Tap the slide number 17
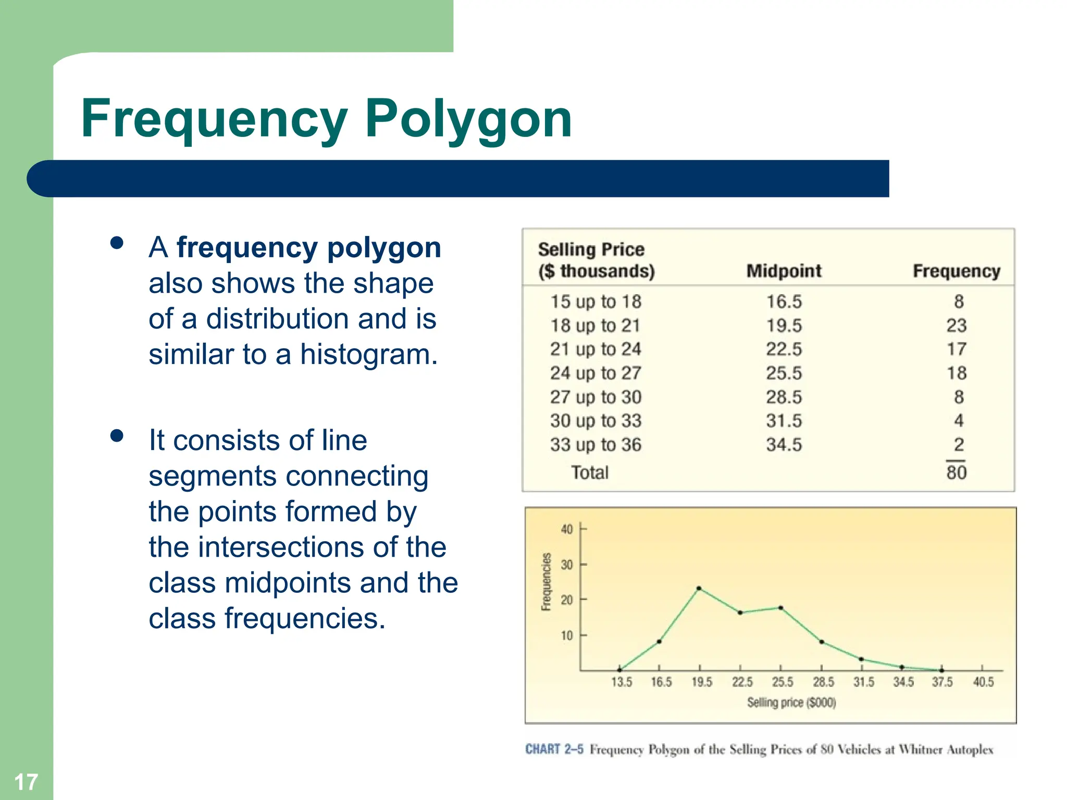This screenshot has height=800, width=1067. (x=26, y=782)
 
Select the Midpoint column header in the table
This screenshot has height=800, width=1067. (x=784, y=271)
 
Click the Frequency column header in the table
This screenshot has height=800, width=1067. (x=956, y=271)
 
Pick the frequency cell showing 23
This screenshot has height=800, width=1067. (x=957, y=326)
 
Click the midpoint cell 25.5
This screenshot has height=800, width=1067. (x=784, y=373)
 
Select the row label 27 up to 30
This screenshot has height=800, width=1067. (x=595, y=397)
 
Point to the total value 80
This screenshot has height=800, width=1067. (x=957, y=472)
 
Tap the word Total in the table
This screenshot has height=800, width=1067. (x=590, y=472)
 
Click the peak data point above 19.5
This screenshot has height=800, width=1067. (x=699, y=589)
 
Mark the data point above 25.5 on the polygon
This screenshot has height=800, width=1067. (x=780, y=608)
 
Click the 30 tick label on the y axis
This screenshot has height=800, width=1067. (x=567, y=565)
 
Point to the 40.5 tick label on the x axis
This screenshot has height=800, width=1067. (x=983, y=682)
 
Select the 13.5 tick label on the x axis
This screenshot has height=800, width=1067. (x=621, y=682)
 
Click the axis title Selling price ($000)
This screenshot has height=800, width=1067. (x=791, y=703)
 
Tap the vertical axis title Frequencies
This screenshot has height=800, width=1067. (x=546, y=582)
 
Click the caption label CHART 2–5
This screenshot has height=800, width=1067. (x=554, y=749)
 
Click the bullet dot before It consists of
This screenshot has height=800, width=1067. (x=117, y=435)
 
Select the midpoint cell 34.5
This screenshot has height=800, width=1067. (x=784, y=445)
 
